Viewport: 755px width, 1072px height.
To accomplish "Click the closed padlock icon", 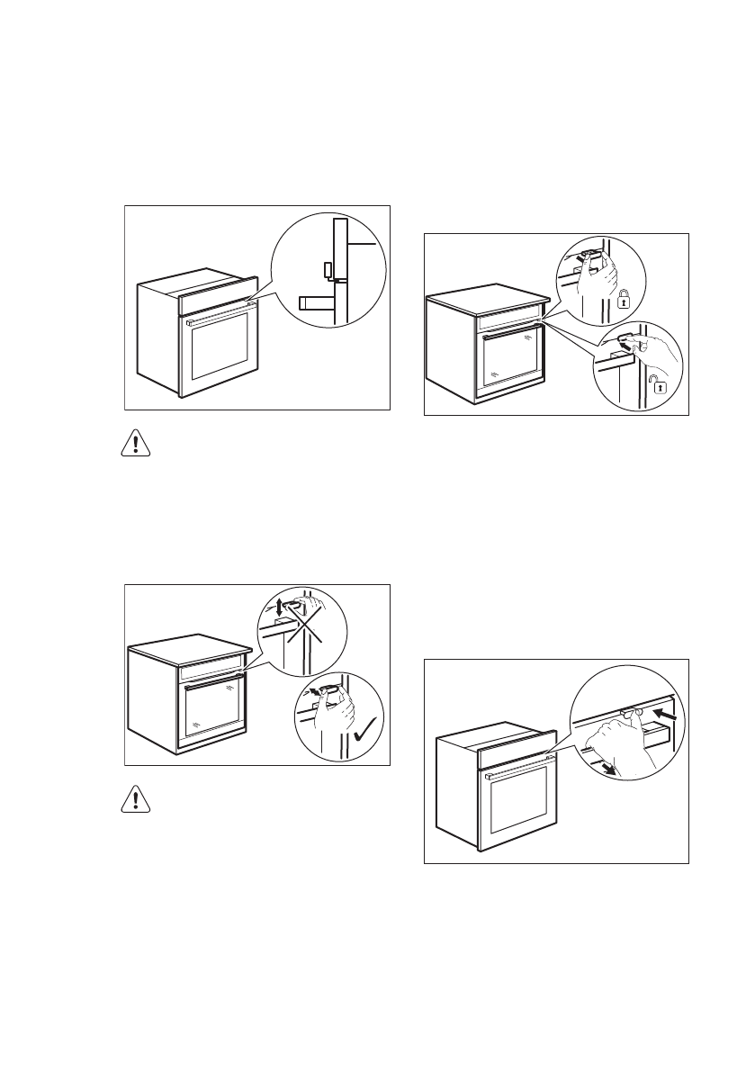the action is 624,300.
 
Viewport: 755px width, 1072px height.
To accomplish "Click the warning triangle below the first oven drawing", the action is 135,445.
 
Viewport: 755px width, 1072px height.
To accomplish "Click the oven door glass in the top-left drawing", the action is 220,347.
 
